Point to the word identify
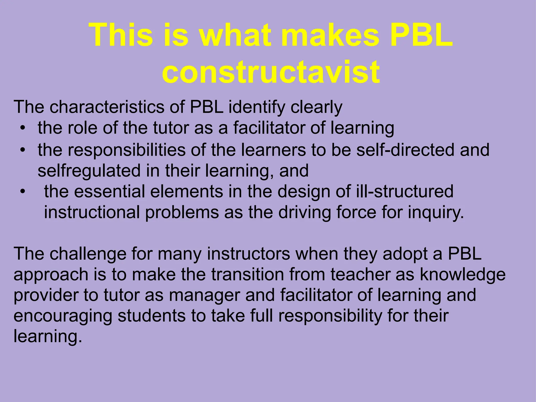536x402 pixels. [257, 108]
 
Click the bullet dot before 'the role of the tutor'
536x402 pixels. [23, 128]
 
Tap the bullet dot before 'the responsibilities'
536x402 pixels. [23, 150]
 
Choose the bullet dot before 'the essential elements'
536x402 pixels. [23, 192]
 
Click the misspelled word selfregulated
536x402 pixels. [89, 171]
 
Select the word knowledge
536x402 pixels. [463, 275]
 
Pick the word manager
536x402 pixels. [204, 295]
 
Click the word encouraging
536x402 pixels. [63, 316]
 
